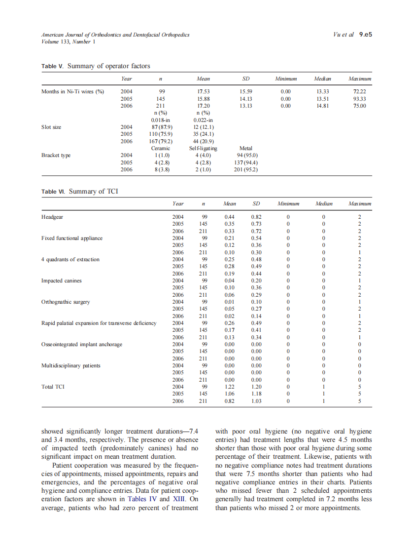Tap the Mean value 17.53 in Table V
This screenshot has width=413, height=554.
click(x=203, y=91)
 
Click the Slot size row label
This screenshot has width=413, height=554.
click(x=51, y=127)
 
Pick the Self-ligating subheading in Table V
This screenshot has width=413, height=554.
click(x=203, y=148)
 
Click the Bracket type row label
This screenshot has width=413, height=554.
click(x=56, y=155)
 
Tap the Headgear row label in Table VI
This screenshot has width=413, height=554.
click(x=52, y=217)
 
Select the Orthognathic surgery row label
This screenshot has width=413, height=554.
click(x=66, y=302)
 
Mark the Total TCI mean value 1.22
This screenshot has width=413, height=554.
click(x=229, y=387)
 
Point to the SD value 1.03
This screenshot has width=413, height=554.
click(x=256, y=401)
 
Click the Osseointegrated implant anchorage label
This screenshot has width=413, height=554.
click(x=82, y=344)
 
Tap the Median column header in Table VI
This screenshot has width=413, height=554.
click(x=324, y=203)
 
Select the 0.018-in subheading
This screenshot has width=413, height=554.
click(x=160, y=120)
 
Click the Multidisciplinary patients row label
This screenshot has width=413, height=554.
click(x=71, y=365)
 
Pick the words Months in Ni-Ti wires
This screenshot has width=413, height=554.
click(x=69, y=91)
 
